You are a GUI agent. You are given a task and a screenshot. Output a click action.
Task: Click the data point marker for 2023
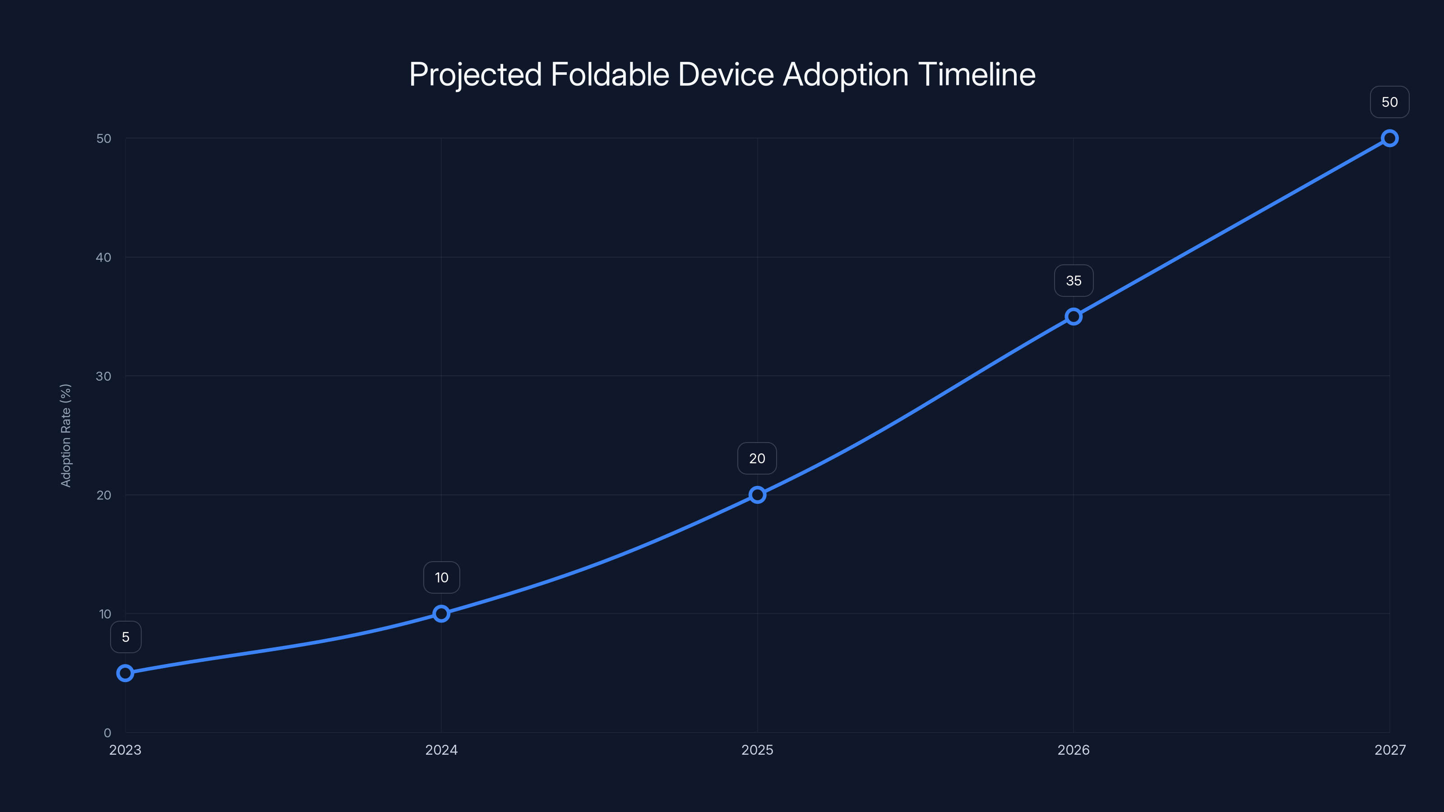coord(125,673)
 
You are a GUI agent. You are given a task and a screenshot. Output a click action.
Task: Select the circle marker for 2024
coord(441,614)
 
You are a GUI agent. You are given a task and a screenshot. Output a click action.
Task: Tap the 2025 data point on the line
coord(757,495)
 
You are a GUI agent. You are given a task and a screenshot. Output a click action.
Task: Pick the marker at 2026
coord(1074,317)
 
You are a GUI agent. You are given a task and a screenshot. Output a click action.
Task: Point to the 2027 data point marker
coord(1390,138)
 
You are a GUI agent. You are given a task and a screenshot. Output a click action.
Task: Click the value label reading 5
coord(125,637)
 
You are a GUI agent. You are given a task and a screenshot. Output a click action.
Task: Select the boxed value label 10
coord(442,578)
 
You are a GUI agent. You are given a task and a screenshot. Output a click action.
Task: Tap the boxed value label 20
coord(757,458)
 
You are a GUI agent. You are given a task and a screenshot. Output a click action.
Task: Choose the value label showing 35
coord(1074,281)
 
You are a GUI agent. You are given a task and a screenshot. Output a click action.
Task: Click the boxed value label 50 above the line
coord(1390,102)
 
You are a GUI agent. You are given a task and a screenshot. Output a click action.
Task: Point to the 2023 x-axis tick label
coord(125,750)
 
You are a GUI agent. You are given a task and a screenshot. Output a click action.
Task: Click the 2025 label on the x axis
coord(757,750)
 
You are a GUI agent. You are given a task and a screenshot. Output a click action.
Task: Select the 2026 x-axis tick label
coord(1074,750)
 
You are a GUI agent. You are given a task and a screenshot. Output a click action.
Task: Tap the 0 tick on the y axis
coord(107,733)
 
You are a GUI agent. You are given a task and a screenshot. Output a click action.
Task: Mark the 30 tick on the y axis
coord(104,376)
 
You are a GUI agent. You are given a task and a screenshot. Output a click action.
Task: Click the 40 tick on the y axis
coord(104,257)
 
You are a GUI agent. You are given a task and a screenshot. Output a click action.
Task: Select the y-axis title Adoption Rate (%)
coord(65,435)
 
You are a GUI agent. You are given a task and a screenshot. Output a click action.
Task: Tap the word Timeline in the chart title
coord(977,74)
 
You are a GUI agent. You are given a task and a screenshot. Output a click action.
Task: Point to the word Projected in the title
coord(475,74)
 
